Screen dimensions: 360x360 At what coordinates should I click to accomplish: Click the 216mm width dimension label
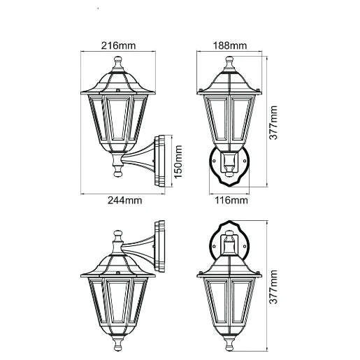click(118, 45)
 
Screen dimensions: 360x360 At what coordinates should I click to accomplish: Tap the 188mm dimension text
click(229, 45)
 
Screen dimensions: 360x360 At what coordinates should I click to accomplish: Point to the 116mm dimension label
click(230, 201)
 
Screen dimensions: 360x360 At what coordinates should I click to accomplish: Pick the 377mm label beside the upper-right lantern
click(275, 124)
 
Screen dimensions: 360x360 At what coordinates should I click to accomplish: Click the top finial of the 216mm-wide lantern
click(117, 65)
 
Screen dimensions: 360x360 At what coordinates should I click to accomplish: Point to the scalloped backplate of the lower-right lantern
click(230, 245)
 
